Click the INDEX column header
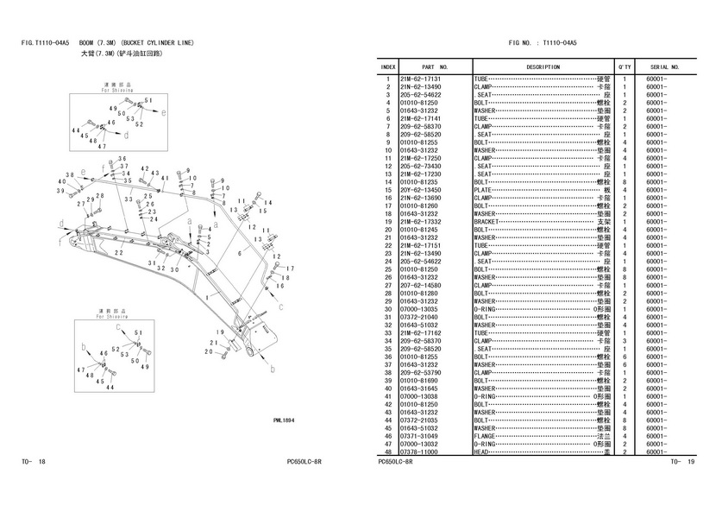click(388, 66)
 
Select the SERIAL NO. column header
click(665, 66)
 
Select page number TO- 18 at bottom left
click(34, 462)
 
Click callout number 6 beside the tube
click(239, 253)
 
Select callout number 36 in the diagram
click(122, 159)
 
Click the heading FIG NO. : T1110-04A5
click(543, 42)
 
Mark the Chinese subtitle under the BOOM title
click(128, 54)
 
